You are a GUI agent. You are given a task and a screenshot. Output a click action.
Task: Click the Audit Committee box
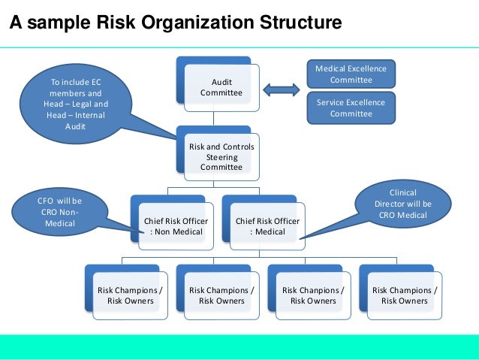coord(221,87)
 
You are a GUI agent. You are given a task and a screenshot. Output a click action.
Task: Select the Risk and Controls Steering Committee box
coord(221,156)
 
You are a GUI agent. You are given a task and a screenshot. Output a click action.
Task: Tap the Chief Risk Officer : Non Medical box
coord(176,226)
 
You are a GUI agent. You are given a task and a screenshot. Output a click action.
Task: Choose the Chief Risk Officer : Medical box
coord(268,226)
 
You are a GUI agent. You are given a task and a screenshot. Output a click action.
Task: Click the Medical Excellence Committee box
coord(351,74)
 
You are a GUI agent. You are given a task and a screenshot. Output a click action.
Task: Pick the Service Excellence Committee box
coord(351,108)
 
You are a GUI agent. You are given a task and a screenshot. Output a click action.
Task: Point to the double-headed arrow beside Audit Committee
coord(284,91)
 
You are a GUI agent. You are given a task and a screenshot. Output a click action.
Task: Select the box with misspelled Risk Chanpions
coord(313,295)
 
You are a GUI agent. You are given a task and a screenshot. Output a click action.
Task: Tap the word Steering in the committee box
coord(221,156)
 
